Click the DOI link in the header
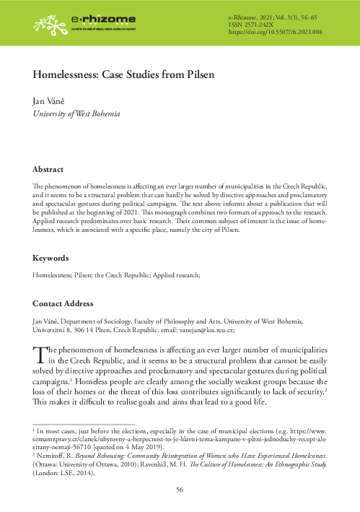[x=275, y=32]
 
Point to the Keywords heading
[x=52, y=258]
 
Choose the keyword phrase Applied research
[x=177, y=275]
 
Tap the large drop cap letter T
[x=41, y=353]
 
